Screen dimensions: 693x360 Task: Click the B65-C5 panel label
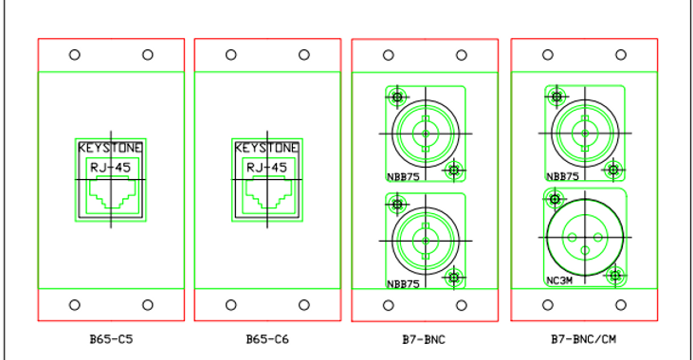coord(111,339)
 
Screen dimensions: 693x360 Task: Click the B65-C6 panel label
coord(267,339)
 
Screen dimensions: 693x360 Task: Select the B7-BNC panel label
coord(424,339)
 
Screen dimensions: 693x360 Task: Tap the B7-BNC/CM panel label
coord(583,339)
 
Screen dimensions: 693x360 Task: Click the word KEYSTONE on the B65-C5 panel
coord(111,148)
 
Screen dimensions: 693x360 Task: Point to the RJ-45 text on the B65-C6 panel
coord(267,168)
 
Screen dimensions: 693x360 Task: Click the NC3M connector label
coord(559,280)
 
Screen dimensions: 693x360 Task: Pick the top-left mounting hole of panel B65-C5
coord(75,55)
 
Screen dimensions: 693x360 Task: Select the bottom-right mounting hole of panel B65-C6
coord(304,305)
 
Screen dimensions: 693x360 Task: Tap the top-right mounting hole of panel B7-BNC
coord(462,55)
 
